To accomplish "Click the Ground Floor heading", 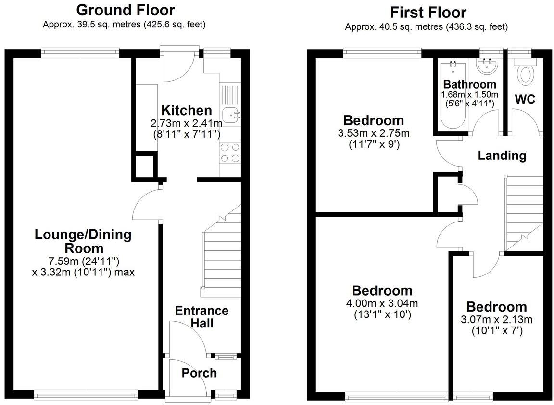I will pos(126,10).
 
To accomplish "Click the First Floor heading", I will pos(428,12).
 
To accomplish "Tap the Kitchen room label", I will pos(186,110).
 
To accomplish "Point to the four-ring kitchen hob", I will pos(229,153).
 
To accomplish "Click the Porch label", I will pos(199,373).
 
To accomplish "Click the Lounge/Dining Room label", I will pos(76,241).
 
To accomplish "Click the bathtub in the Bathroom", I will pos(452,96).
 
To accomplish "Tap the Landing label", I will pos(502,156).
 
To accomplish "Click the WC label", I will pos(525,100).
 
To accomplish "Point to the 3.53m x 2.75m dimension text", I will pos(374,133).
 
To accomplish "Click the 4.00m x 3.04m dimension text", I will pos(382,304).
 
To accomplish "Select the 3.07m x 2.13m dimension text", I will pos(496,320).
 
